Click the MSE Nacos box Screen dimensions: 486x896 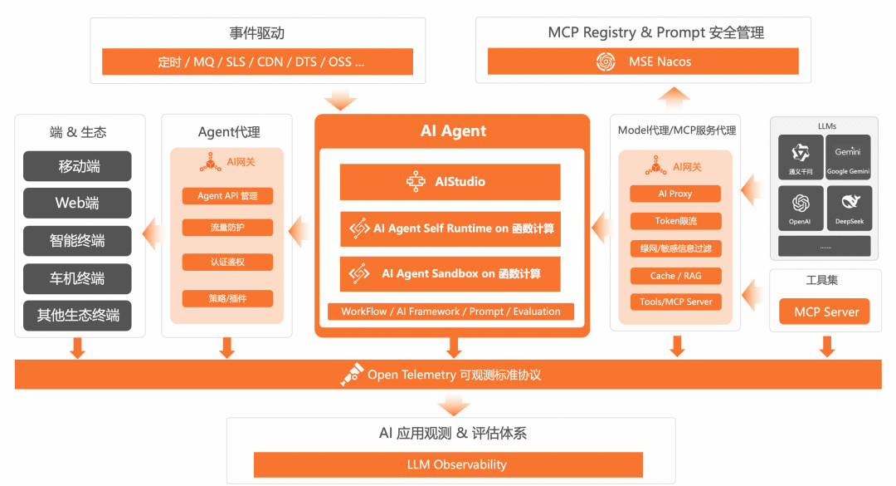coord(642,61)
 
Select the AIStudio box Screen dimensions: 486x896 coord(450,182)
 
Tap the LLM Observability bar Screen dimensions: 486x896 coord(448,464)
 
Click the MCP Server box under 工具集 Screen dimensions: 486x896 coord(825,312)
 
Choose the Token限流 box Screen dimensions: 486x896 coord(675,221)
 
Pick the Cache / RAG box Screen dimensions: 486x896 coord(675,276)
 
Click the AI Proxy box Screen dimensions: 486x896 coord(675,194)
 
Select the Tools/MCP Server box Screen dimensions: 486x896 coord(675,302)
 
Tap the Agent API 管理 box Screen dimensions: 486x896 coord(227,196)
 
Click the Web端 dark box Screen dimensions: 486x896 coord(77,204)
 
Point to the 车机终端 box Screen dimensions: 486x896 coord(77,278)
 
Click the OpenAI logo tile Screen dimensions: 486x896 coord(801,208)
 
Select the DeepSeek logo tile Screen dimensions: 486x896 coord(849,208)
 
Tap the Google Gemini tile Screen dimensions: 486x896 coord(849,157)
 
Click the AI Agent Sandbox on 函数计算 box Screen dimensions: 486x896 coord(450,273)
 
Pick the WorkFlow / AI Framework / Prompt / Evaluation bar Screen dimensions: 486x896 coord(450,312)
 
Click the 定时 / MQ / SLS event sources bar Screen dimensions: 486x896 coord(257,61)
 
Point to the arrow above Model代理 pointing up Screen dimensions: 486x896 coord(675,97)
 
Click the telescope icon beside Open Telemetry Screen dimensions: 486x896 coord(352,376)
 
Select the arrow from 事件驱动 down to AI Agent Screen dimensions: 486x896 coord(339,100)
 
